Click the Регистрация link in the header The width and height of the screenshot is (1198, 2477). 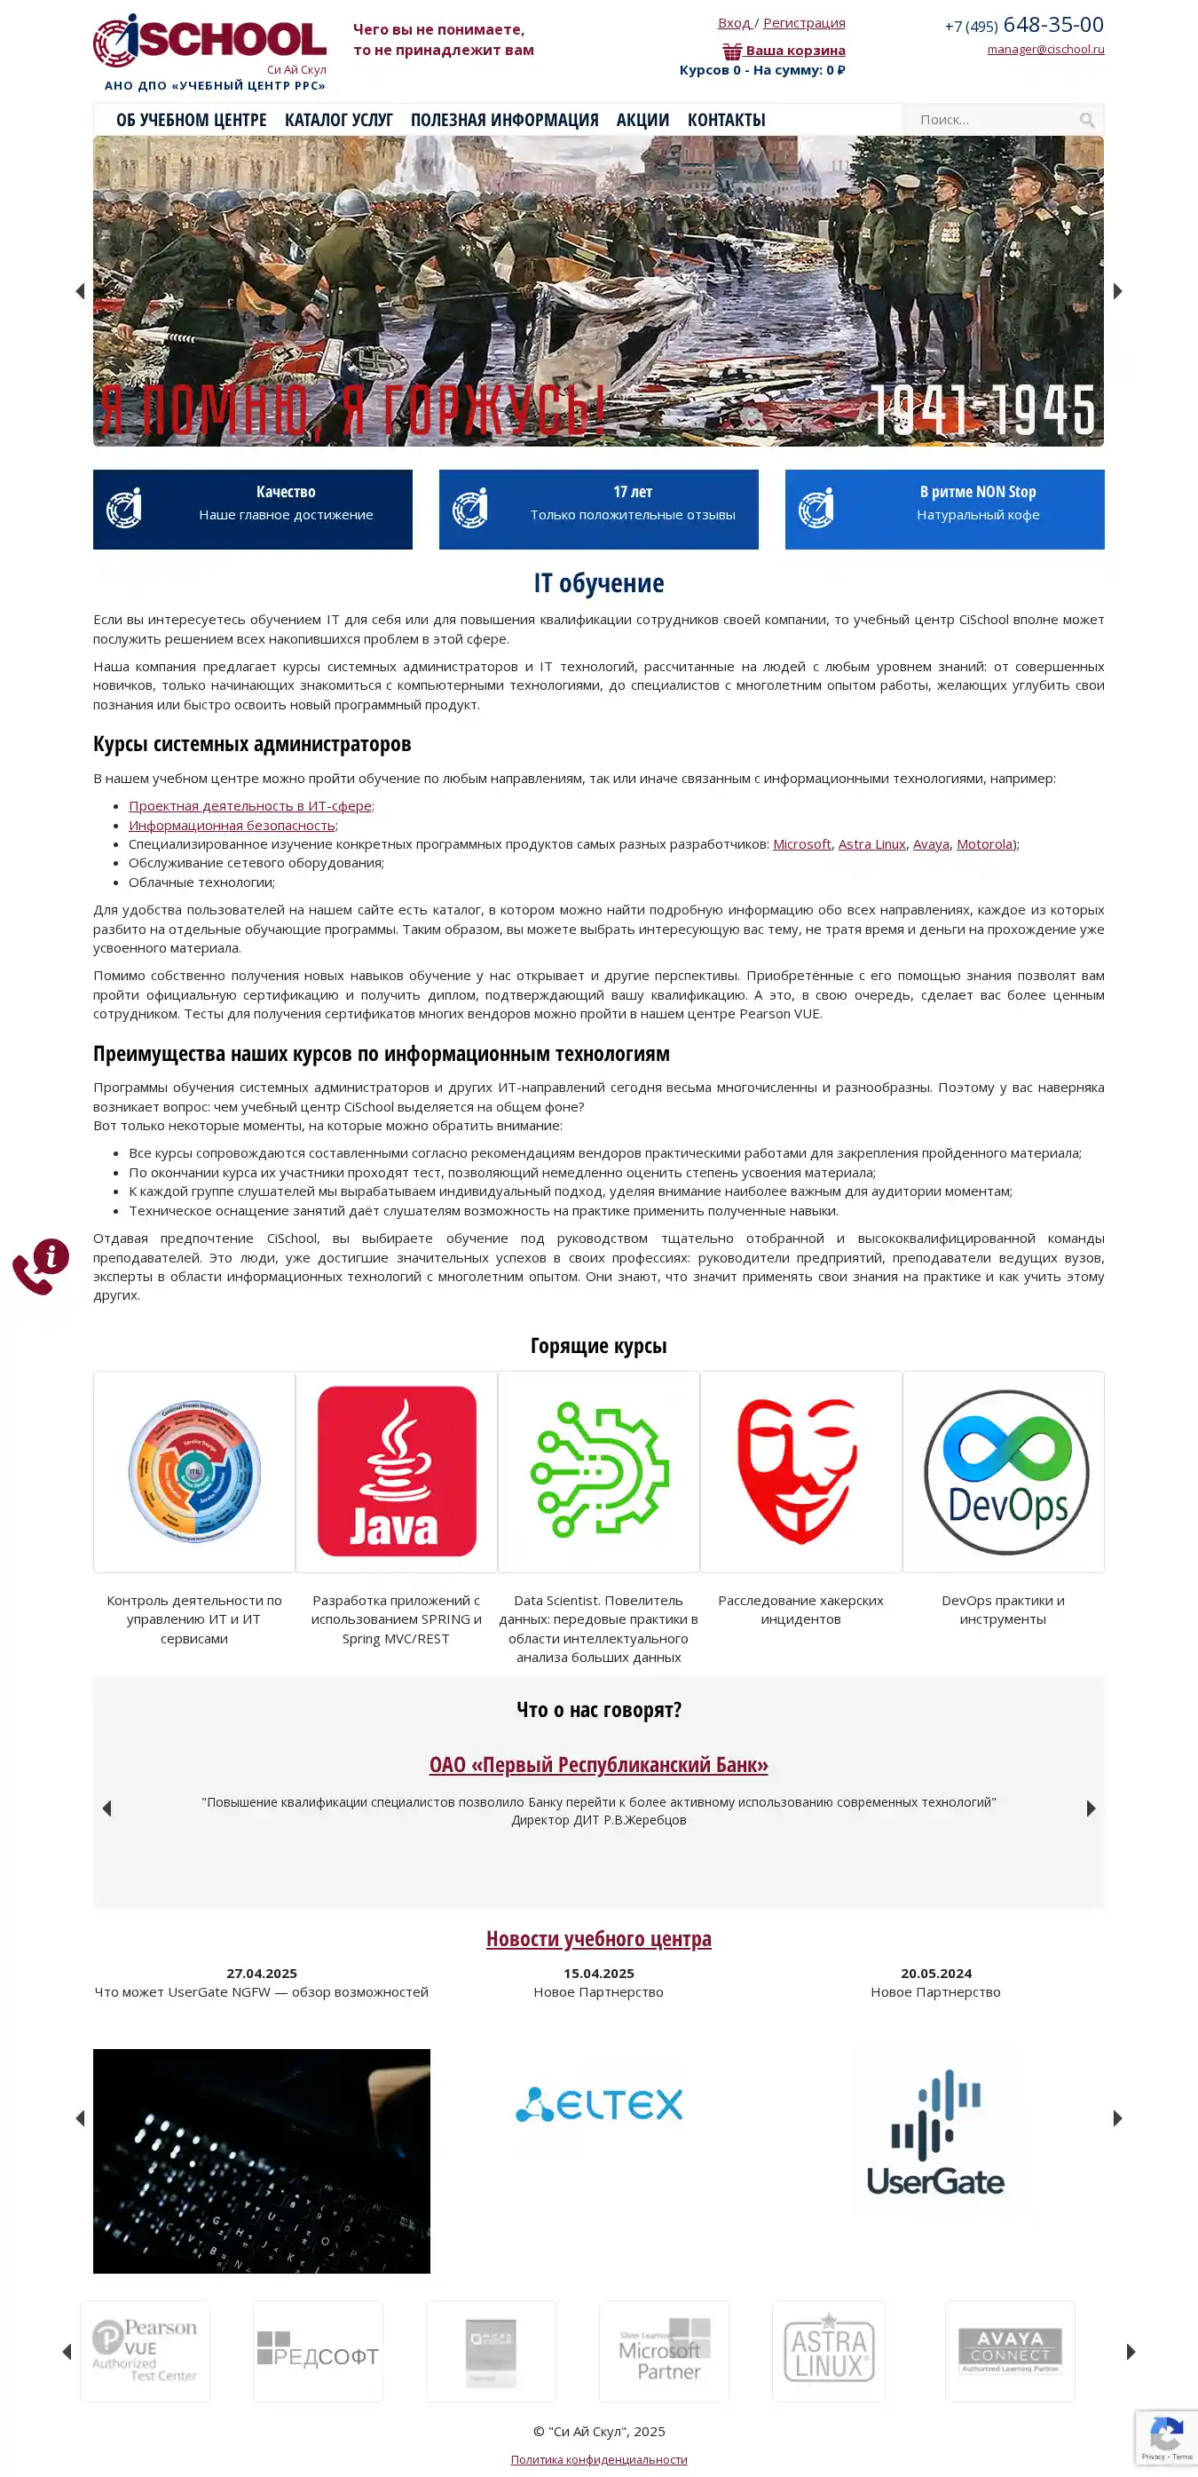click(804, 23)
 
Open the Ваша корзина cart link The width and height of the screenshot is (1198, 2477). click(794, 51)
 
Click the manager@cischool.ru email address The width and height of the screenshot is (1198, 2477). click(1045, 49)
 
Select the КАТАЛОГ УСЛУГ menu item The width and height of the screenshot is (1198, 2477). click(338, 120)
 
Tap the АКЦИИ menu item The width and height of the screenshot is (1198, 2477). click(642, 120)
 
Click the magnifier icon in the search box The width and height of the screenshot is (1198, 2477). click(1086, 120)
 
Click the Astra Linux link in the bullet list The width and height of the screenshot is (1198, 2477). click(871, 844)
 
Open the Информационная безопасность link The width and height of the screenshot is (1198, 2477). click(232, 825)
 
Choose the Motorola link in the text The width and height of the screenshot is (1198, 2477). click(984, 844)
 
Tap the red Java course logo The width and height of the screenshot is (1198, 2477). click(396, 1471)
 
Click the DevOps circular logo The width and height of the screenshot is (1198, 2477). click(1005, 1472)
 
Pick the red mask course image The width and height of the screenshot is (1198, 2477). click(800, 1470)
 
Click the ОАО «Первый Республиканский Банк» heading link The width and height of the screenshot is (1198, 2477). click(598, 1764)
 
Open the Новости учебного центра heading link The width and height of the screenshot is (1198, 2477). click(598, 1938)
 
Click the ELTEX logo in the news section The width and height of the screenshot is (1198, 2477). click(598, 2104)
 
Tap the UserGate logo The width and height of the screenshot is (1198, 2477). click(935, 2133)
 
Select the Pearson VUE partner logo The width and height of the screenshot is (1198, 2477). click(146, 2350)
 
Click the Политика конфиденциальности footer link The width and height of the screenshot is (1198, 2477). click(598, 2458)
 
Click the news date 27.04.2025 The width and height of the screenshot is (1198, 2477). click(262, 1973)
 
